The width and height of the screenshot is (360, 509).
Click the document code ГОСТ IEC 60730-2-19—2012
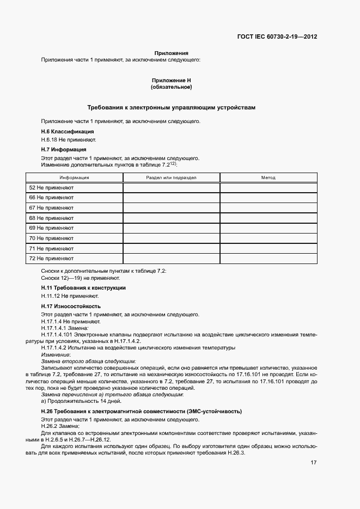point(277,37)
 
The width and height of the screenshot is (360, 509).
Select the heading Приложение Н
point(171,80)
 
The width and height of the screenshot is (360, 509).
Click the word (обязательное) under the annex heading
point(171,87)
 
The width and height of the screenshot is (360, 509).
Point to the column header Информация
point(75,177)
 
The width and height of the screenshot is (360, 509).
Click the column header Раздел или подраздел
point(171,177)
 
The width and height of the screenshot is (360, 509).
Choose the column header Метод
point(268,177)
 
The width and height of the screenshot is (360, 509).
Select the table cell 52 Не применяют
point(51,187)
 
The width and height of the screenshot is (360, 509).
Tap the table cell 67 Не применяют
point(51,207)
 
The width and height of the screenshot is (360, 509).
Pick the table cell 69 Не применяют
point(51,228)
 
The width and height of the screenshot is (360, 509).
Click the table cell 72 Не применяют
point(51,258)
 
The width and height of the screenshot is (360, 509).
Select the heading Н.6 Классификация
point(68,131)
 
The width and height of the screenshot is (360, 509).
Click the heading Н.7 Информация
point(64,149)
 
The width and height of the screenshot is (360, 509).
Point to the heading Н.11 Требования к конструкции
point(83,287)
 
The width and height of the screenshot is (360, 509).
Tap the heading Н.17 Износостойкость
point(71,306)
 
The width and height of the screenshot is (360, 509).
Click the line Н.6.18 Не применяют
point(65,140)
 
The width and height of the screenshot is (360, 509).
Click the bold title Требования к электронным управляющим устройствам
point(171,108)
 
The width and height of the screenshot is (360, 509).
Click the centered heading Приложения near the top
point(171,53)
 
